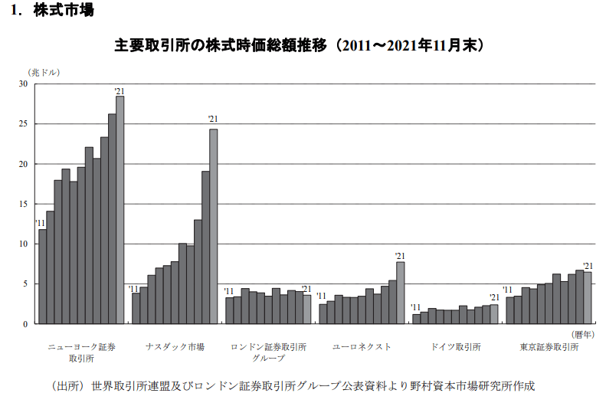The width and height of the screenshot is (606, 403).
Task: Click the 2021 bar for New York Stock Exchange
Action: tap(120, 210)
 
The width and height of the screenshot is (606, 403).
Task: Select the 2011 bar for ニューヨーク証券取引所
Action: tap(42, 277)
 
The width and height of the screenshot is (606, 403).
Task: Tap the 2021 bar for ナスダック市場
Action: tap(213, 226)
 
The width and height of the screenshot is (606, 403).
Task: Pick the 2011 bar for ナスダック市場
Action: tap(136, 309)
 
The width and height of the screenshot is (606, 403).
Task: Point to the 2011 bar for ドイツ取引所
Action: tap(416, 319)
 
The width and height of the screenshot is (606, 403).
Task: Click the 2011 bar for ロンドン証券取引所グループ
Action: tap(229, 310)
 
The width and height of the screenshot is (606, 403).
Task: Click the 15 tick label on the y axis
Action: tap(23, 204)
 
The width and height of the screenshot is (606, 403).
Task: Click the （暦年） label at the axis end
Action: tap(584, 334)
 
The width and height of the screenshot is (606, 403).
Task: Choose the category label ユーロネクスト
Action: tap(362, 347)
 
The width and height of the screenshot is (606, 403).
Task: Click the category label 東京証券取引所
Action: tap(549, 347)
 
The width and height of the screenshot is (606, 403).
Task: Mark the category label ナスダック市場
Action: tap(175, 347)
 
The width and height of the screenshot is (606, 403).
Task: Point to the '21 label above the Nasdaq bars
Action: tap(213, 119)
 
